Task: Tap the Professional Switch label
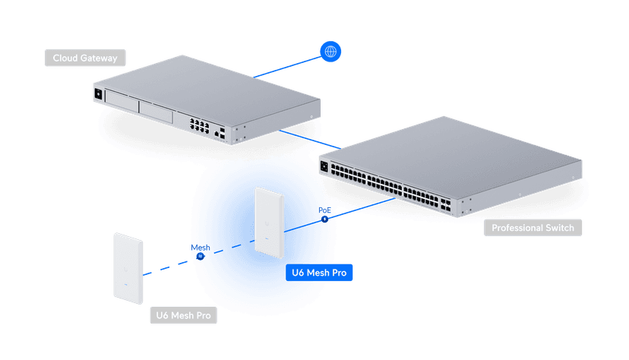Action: click(x=533, y=227)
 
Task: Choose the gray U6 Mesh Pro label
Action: click(x=183, y=315)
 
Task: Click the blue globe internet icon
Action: click(x=330, y=52)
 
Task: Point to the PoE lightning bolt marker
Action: click(x=325, y=219)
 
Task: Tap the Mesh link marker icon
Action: click(x=200, y=256)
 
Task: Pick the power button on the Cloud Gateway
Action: click(x=98, y=94)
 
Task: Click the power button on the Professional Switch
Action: click(x=324, y=166)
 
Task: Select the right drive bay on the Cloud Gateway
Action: click(x=156, y=113)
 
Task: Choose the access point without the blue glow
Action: click(x=128, y=264)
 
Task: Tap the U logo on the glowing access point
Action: click(x=268, y=223)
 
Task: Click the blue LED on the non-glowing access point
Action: click(x=129, y=291)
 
